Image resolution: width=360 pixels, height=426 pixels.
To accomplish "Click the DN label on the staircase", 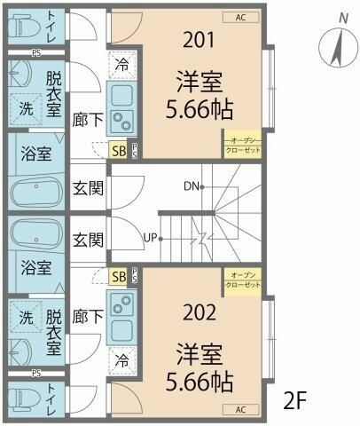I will point(190,186).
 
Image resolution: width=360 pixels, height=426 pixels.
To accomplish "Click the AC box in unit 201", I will point(241,17).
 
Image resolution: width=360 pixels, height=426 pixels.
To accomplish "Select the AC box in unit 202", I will point(240,409).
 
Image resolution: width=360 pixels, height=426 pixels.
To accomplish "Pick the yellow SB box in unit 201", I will point(118,149).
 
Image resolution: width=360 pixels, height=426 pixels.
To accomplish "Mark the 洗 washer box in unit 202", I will point(26,317).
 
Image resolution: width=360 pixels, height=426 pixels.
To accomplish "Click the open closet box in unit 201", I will point(241,146).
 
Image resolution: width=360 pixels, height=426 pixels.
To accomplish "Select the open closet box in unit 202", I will point(241,280).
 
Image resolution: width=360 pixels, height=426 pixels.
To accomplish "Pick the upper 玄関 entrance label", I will point(88,187).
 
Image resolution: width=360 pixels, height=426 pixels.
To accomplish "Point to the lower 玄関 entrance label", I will point(88,240).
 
